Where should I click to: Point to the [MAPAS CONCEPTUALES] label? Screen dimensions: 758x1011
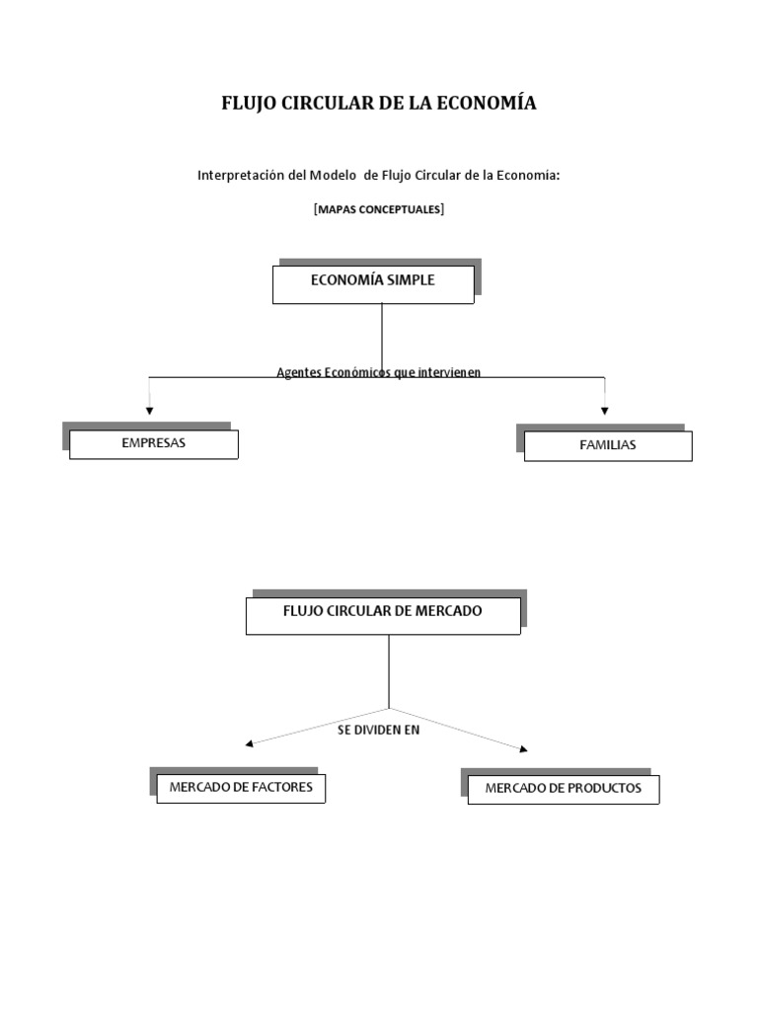[379, 209]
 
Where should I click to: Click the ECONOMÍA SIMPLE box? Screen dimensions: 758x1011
[373, 284]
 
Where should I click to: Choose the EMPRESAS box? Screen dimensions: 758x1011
[153, 444]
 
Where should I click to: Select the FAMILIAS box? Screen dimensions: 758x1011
[608, 446]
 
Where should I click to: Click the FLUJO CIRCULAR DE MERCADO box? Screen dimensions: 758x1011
[383, 616]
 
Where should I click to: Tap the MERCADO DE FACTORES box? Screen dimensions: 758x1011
[241, 789]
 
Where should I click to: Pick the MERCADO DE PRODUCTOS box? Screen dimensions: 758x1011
[564, 790]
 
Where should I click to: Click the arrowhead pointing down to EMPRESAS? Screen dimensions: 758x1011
[150, 411]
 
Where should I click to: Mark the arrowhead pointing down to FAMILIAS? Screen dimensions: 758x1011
[605, 411]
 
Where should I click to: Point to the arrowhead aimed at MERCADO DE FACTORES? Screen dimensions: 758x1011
[250, 744]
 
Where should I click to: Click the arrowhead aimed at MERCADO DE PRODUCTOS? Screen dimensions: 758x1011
[523, 748]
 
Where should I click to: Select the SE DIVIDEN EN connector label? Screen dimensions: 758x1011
[378, 730]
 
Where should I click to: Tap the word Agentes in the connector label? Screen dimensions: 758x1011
[299, 372]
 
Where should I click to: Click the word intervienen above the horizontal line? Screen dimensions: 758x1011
[449, 372]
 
